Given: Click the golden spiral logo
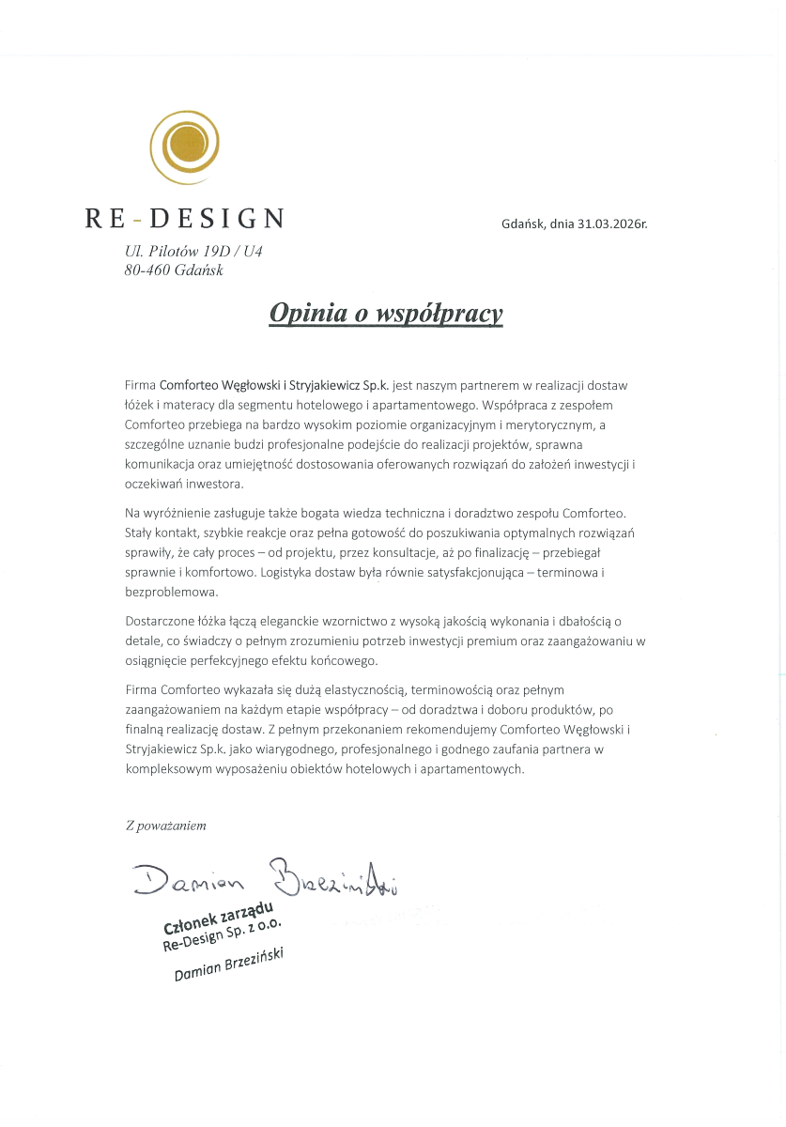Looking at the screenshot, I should (x=185, y=146).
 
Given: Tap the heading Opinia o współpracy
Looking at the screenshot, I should (x=386, y=313).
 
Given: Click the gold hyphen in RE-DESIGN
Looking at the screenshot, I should (x=138, y=220).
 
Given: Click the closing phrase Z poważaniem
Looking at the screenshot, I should (x=165, y=826).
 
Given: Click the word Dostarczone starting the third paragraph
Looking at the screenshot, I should (x=157, y=622).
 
